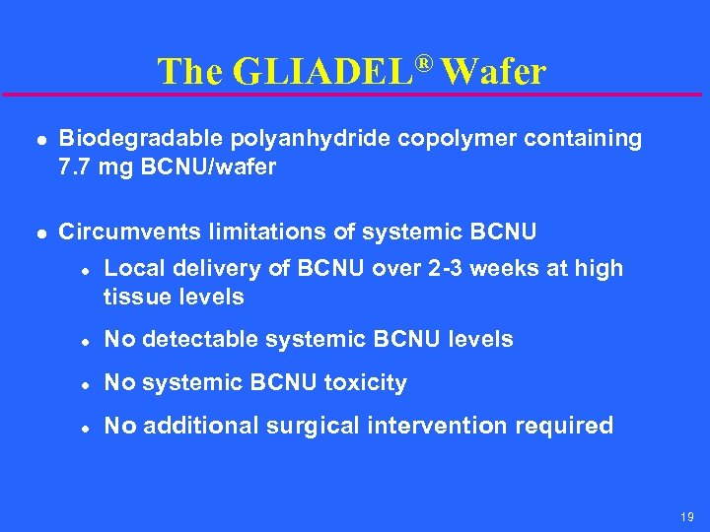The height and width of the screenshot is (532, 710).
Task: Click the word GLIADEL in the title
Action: click(322, 72)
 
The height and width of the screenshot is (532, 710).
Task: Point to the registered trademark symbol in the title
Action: click(423, 62)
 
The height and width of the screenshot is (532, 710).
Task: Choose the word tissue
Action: click(133, 297)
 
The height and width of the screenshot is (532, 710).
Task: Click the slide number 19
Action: click(688, 514)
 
